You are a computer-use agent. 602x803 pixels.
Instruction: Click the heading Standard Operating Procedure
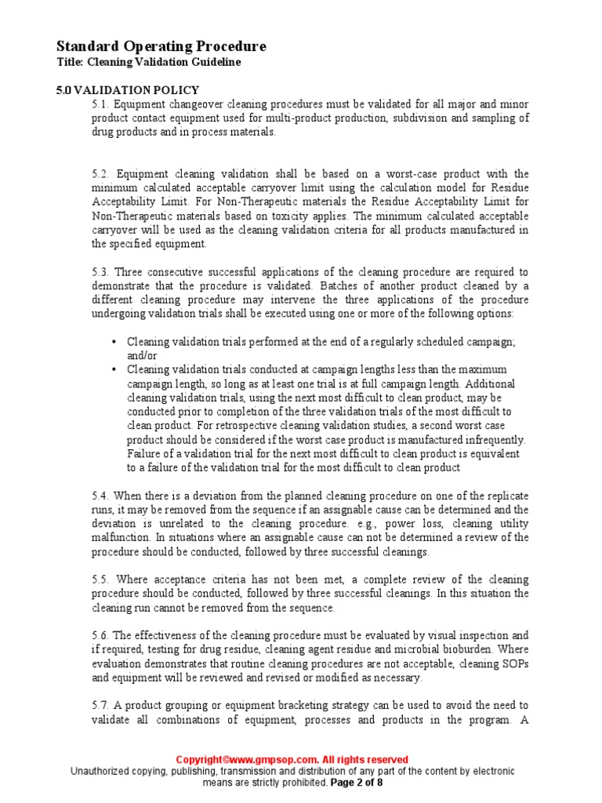[x=161, y=46]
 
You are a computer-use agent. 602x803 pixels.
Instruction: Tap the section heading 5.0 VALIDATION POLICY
[x=128, y=90]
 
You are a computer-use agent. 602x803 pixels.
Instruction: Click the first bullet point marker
[x=114, y=342]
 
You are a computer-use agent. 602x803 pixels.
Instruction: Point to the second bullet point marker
[x=114, y=369]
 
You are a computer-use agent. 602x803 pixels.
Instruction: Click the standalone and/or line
[x=142, y=355]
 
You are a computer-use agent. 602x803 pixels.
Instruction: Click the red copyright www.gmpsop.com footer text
[x=292, y=760]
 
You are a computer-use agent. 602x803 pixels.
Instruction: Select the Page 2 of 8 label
[x=357, y=782]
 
